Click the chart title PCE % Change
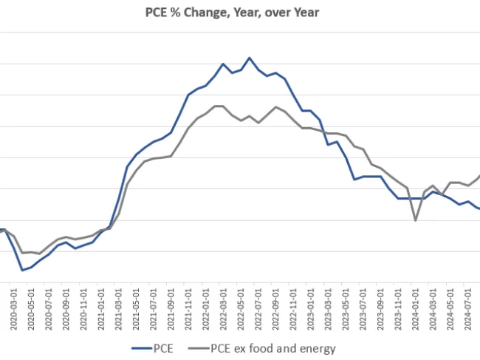point(241,12)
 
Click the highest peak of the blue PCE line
point(250,58)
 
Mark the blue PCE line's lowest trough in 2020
point(23,270)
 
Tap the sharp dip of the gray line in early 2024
point(415,220)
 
